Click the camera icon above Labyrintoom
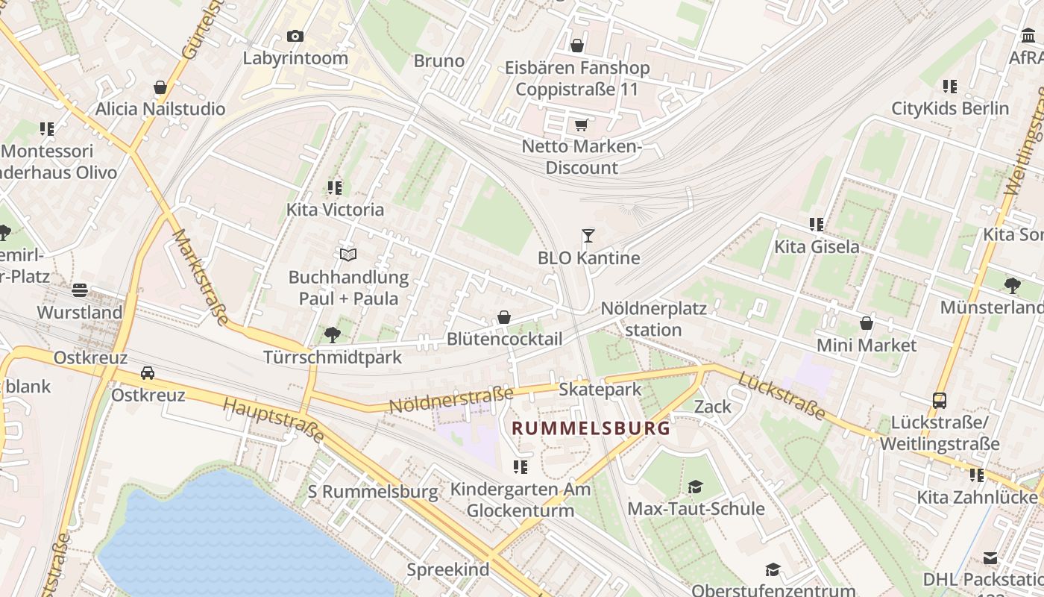click(x=295, y=36)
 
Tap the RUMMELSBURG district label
click(x=591, y=428)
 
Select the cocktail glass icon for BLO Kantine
click(x=588, y=236)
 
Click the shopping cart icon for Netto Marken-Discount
click(x=581, y=125)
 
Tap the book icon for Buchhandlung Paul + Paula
click(x=348, y=255)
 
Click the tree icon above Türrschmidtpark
click(x=333, y=335)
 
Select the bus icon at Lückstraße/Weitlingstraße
click(x=940, y=401)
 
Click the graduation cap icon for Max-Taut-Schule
click(x=695, y=487)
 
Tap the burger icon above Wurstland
click(x=80, y=290)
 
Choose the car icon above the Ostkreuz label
click(x=148, y=372)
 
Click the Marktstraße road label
click(x=201, y=277)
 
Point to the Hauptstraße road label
click(x=274, y=420)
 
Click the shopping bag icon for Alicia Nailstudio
click(x=160, y=87)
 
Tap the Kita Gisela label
click(x=817, y=246)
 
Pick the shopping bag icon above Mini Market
click(x=867, y=323)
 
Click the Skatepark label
click(x=600, y=390)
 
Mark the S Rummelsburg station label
click(x=373, y=492)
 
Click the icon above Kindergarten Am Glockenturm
click(x=520, y=467)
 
